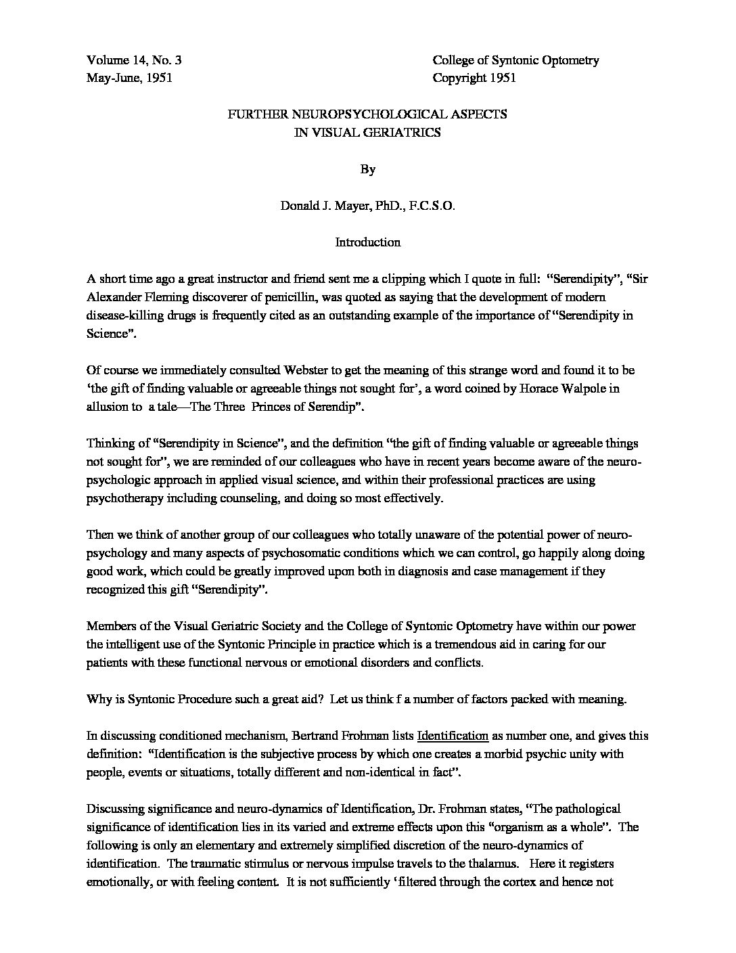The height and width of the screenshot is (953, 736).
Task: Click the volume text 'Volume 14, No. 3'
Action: (134, 60)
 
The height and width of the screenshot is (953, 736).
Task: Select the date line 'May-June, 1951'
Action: (130, 78)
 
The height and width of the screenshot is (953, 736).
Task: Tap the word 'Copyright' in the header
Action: (459, 78)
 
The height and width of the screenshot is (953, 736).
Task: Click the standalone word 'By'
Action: (367, 169)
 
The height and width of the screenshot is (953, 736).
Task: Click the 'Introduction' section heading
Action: (367, 242)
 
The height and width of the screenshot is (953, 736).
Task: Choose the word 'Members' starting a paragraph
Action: (110, 626)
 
